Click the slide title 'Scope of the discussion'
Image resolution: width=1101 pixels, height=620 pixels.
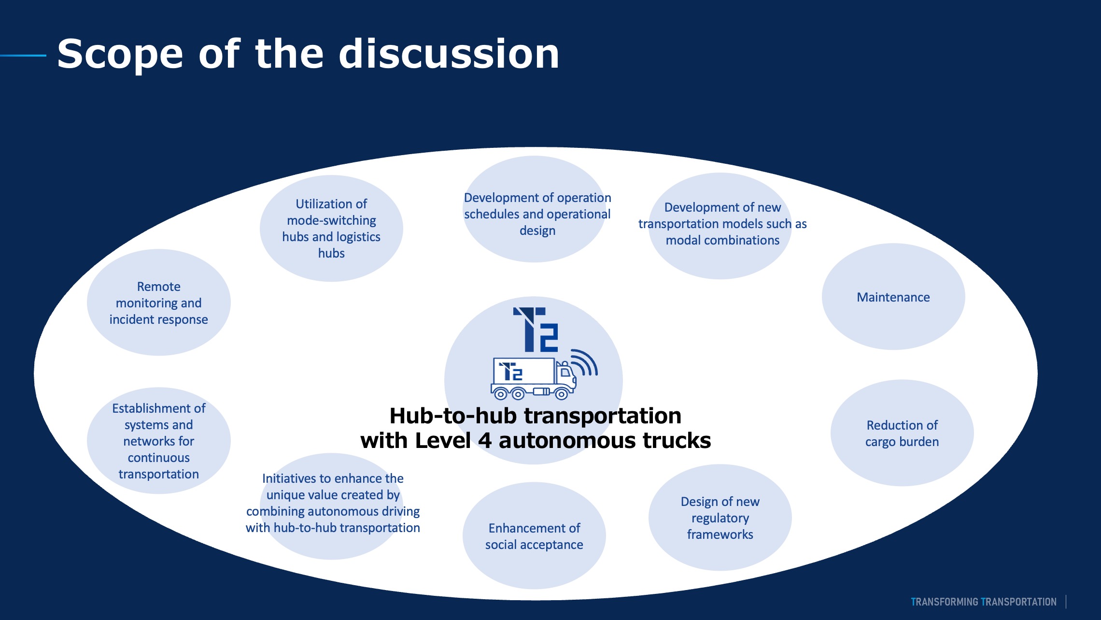tap(308, 54)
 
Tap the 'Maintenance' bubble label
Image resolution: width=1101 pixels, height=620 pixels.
tap(893, 297)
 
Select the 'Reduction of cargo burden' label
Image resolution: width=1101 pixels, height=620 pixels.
tap(902, 433)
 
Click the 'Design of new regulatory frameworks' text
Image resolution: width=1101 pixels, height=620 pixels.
tap(720, 518)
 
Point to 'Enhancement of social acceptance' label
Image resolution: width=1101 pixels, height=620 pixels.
tap(534, 536)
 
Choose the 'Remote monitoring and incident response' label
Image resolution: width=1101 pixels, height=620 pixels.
tap(158, 303)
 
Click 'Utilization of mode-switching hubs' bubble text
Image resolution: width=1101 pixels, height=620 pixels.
tap(331, 228)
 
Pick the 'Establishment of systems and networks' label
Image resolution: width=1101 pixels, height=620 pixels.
tap(158, 441)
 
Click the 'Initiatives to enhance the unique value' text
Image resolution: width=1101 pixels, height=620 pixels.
tap(333, 503)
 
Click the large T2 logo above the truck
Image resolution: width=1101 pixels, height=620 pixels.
tap(536, 330)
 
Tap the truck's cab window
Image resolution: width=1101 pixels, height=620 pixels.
tap(565, 372)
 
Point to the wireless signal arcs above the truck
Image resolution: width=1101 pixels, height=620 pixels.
tap(585, 362)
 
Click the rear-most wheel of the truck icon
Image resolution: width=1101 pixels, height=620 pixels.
tap(500, 394)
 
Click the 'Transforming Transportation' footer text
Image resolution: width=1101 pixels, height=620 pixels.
tap(983, 602)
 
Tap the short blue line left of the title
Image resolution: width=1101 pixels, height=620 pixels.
tap(23, 56)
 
